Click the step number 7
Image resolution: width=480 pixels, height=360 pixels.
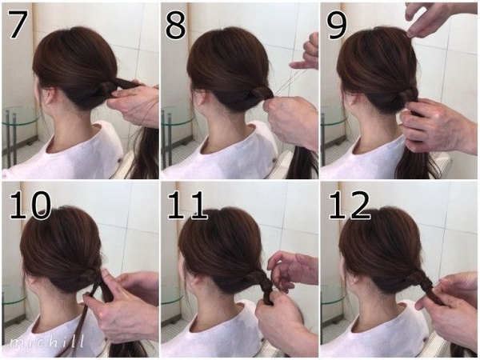[17, 24]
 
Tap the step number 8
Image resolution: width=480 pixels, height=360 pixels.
[175, 24]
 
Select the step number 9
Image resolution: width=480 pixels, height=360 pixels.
[337, 25]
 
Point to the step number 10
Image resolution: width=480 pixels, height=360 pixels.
[30, 205]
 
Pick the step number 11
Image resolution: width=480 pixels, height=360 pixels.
[188, 205]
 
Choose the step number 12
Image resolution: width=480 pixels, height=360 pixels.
[350, 205]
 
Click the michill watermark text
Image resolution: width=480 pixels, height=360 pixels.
[46, 342]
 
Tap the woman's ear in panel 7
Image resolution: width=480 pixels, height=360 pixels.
[48, 95]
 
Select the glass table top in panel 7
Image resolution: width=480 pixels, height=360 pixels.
[19, 117]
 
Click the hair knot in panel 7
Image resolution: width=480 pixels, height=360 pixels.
[106, 89]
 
